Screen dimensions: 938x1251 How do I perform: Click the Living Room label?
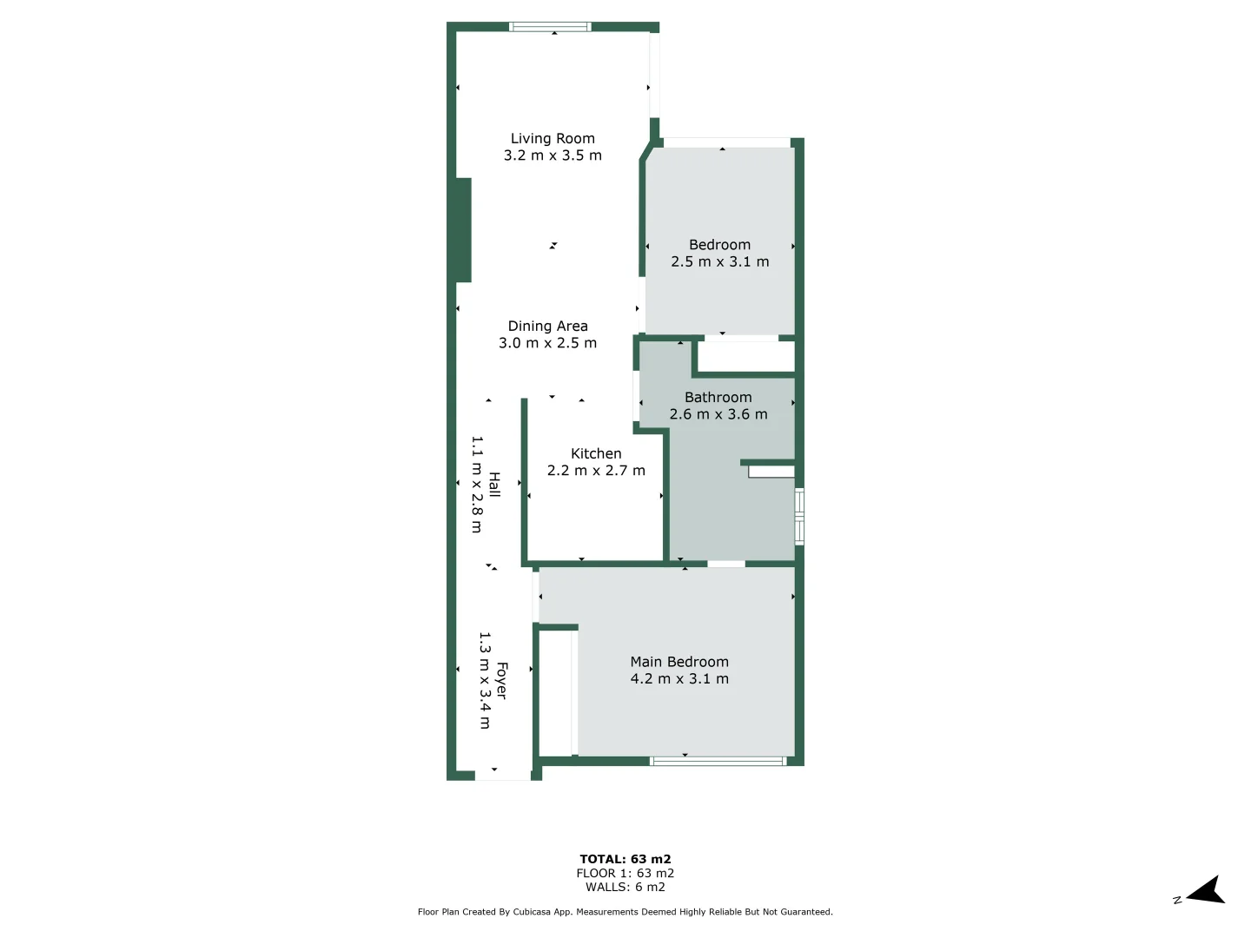tap(553, 139)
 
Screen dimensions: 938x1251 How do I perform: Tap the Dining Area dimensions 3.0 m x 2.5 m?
tap(547, 343)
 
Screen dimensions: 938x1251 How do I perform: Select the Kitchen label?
tap(596, 453)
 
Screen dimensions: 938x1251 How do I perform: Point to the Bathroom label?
tap(718, 398)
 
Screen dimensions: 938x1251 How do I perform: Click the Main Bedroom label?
tap(679, 662)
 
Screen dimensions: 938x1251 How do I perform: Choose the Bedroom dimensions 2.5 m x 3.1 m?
tap(719, 261)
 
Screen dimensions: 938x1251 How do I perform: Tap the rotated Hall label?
tap(494, 485)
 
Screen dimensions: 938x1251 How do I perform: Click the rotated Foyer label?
tap(501, 680)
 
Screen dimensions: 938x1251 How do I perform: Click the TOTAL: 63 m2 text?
tap(625, 859)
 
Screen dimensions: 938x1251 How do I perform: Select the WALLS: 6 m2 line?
tap(625, 887)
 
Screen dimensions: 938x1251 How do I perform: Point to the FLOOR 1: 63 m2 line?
tap(625, 873)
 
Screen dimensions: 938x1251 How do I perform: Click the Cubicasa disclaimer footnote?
tap(625, 912)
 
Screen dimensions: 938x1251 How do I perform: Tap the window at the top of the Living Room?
tap(550, 27)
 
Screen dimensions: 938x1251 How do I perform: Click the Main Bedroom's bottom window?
tap(718, 762)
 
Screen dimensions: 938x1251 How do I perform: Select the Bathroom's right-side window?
tap(799, 517)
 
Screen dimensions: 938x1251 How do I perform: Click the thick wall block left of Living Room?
tap(463, 230)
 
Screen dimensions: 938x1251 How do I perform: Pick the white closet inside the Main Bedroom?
tap(556, 693)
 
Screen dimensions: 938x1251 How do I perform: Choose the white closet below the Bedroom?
tap(746, 357)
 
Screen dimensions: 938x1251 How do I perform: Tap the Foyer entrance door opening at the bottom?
tap(503, 776)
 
